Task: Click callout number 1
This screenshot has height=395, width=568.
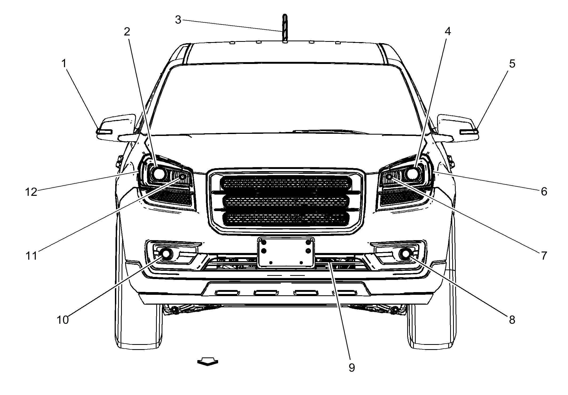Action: pyautogui.click(x=63, y=64)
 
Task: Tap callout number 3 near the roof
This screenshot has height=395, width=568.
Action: pyautogui.click(x=178, y=20)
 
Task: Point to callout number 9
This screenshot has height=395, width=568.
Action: pyautogui.click(x=352, y=368)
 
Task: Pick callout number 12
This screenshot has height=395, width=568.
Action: pyautogui.click(x=31, y=192)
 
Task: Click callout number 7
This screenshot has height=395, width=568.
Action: pyautogui.click(x=544, y=255)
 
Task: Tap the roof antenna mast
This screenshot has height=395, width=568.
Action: pyautogui.click(x=285, y=28)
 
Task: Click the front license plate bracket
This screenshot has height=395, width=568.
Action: pyautogui.click(x=286, y=252)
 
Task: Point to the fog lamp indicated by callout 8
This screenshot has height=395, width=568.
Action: pyautogui.click(x=405, y=253)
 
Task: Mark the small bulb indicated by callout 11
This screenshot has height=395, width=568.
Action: pyautogui.click(x=183, y=176)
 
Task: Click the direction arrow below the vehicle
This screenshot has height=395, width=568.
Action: pyautogui.click(x=208, y=362)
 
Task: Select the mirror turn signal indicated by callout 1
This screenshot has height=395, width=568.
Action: pyautogui.click(x=104, y=131)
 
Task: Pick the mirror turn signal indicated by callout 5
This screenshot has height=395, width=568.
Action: pyautogui.click(x=469, y=131)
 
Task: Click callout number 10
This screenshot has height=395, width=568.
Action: pyautogui.click(x=63, y=320)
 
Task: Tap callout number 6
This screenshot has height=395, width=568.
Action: pyautogui.click(x=544, y=192)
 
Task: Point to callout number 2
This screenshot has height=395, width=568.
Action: pyautogui.click(x=127, y=32)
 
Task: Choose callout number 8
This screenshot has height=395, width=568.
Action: pyautogui.click(x=512, y=320)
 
